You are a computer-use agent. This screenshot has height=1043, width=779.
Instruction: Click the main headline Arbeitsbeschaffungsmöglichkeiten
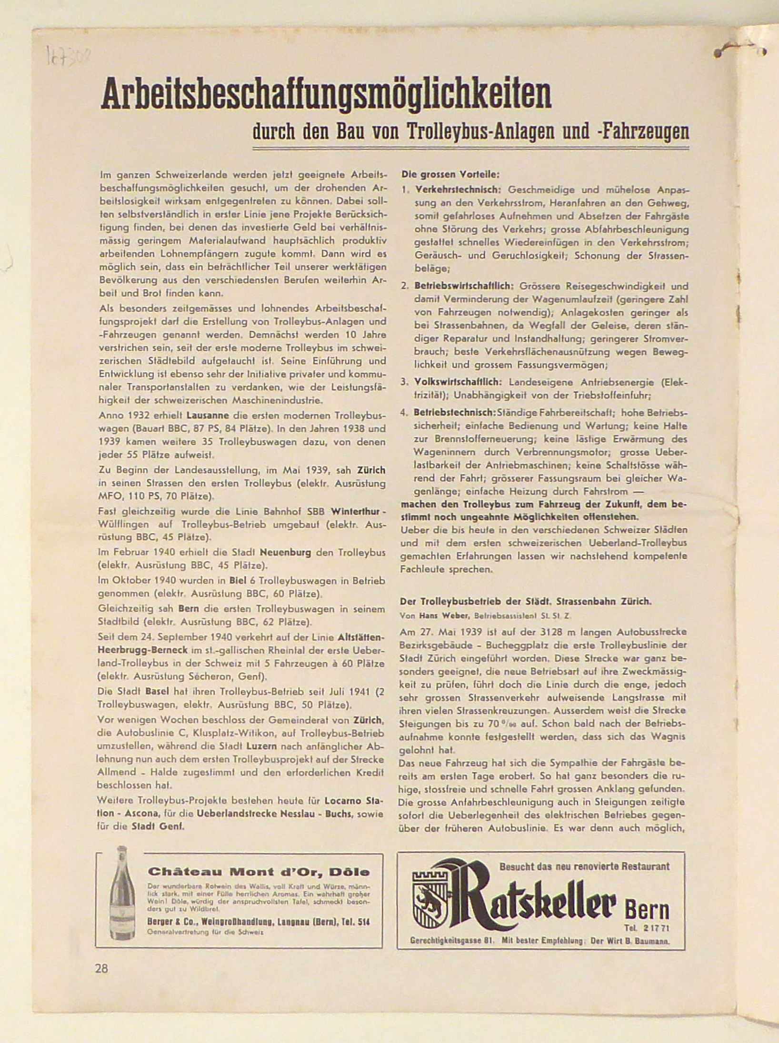click(x=326, y=96)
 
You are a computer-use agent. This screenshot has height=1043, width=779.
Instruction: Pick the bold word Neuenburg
click(x=286, y=553)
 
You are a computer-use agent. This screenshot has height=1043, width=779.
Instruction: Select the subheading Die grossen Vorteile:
click(x=450, y=175)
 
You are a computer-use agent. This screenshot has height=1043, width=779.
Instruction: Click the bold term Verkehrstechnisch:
click(x=457, y=189)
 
